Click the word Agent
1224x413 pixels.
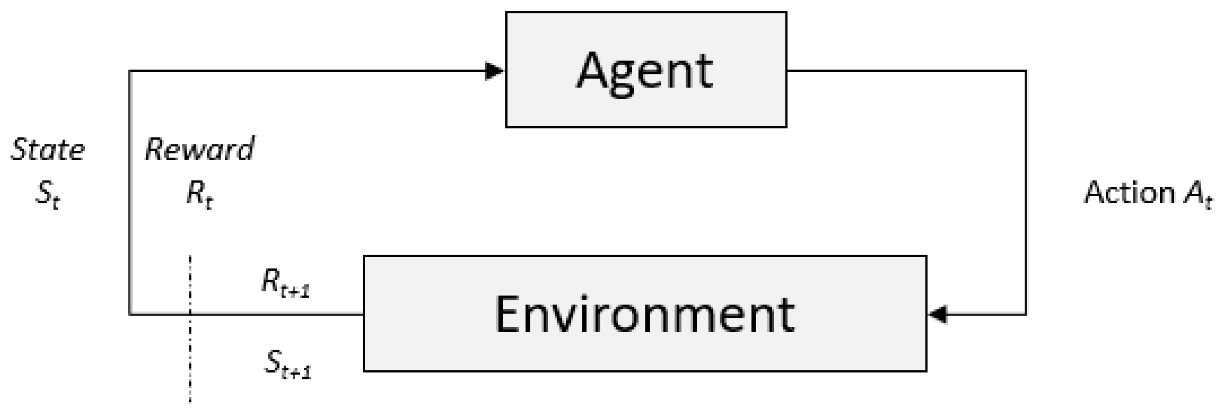pos(645,71)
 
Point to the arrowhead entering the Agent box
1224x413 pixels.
pos(494,71)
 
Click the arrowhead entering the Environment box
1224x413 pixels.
pos(937,314)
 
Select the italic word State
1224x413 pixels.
pos(48,149)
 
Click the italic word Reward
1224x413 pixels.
pos(200,149)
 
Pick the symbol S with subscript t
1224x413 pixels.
pos(48,194)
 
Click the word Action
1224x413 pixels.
pos(1129,193)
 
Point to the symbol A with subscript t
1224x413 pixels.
pos(1198,194)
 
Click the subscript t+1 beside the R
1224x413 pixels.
pos(295,290)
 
